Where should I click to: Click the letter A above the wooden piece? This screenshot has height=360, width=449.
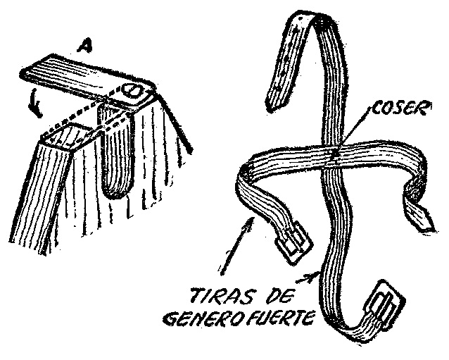click(x=85, y=45)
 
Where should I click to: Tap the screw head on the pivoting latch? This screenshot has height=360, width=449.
click(x=132, y=91)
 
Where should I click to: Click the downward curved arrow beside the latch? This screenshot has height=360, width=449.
click(x=35, y=103)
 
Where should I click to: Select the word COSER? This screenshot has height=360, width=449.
click(x=400, y=109)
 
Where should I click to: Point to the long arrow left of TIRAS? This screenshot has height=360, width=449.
click(x=236, y=246)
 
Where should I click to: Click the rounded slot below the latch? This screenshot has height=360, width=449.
click(x=115, y=152)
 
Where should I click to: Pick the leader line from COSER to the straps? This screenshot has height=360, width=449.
click(x=355, y=130)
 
